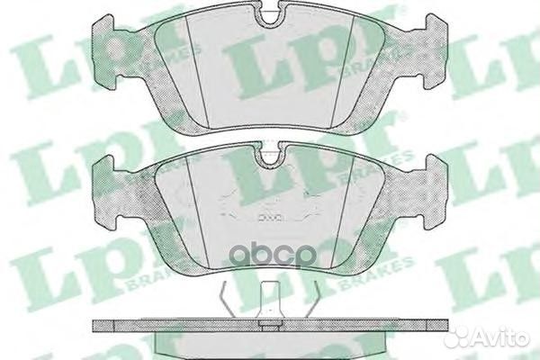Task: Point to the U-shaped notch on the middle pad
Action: pos(269,158)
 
